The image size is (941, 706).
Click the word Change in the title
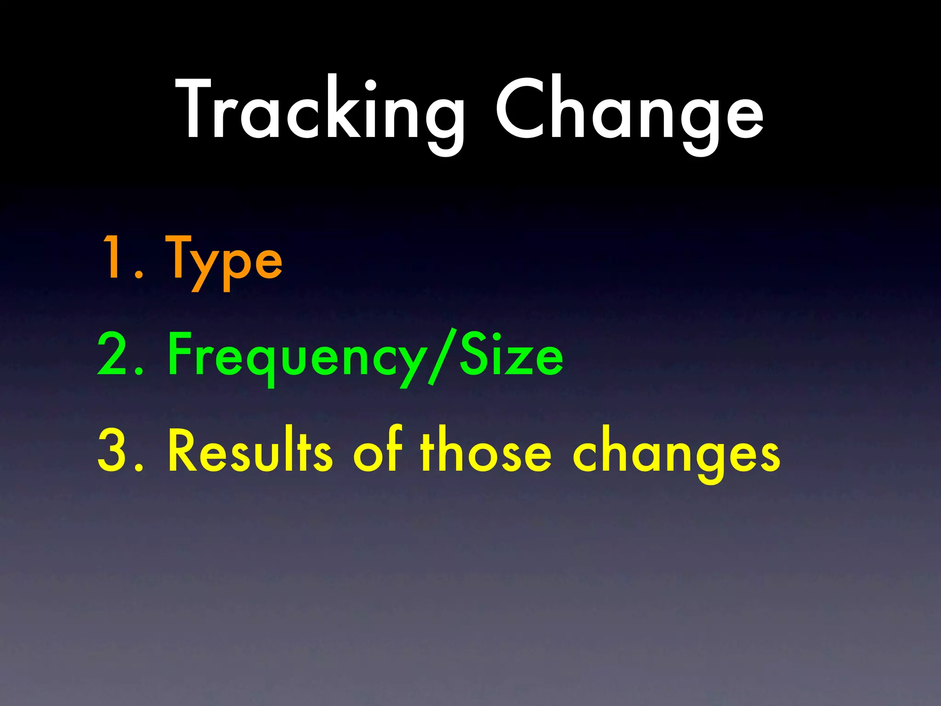(629, 110)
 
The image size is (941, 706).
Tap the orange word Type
(224, 260)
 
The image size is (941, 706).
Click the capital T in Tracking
(193, 108)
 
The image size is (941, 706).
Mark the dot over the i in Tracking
(370, 85)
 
